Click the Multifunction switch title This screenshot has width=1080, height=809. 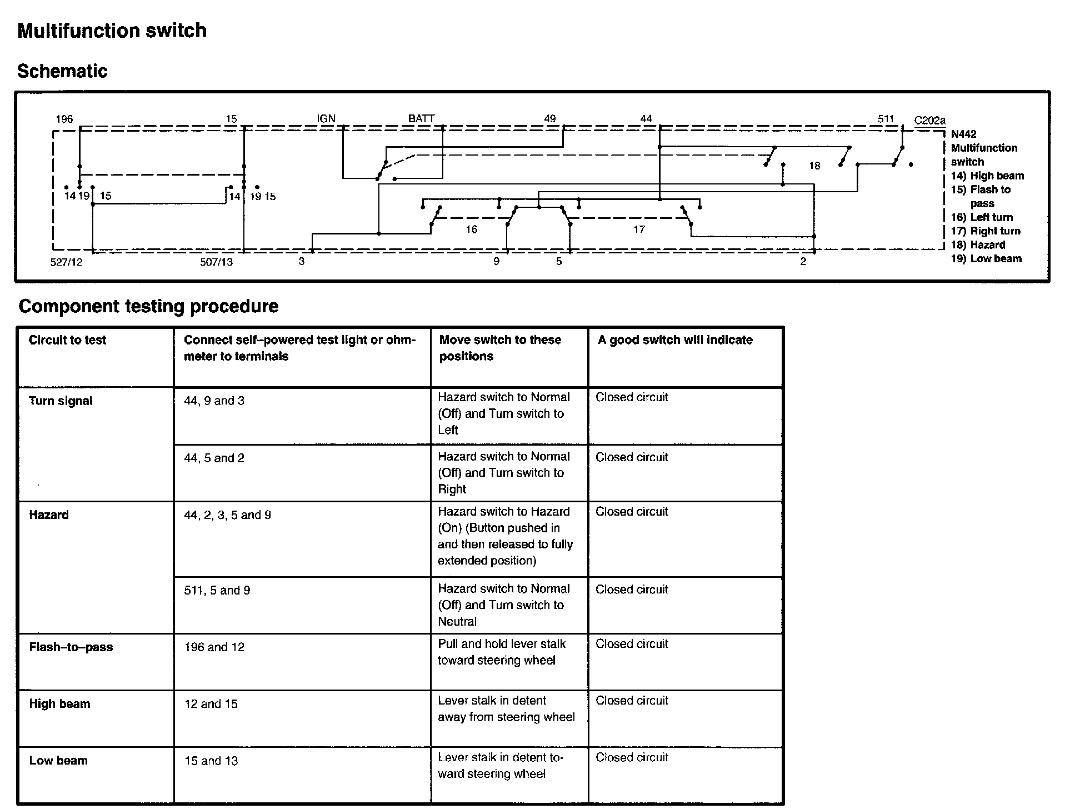coord(112,31)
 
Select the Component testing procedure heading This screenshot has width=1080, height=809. coord(148,306)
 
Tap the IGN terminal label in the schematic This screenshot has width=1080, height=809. coord(326,118)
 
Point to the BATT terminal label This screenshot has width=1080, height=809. coord(421,118)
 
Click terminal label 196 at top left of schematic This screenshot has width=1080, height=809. coord(64,119)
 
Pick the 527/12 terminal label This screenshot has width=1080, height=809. coord(66,262)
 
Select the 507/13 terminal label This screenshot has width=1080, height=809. coord(216,262)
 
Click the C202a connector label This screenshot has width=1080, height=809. coord(929,121)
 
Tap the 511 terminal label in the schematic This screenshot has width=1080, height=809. coord(886,119)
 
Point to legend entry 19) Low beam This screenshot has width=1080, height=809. coord(986,258)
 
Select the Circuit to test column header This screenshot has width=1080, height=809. coord(67,340)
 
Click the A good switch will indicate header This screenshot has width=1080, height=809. coord(675,340)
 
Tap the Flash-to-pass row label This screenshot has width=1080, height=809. coord(71,647)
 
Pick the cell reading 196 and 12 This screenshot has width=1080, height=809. coord(214,647)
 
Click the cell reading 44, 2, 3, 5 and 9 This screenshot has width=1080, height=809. coord(227,515)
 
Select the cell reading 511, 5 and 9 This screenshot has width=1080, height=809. coord(217,591)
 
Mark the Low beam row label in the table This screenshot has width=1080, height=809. coord(58,761)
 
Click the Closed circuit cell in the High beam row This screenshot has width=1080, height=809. coord(632,701)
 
